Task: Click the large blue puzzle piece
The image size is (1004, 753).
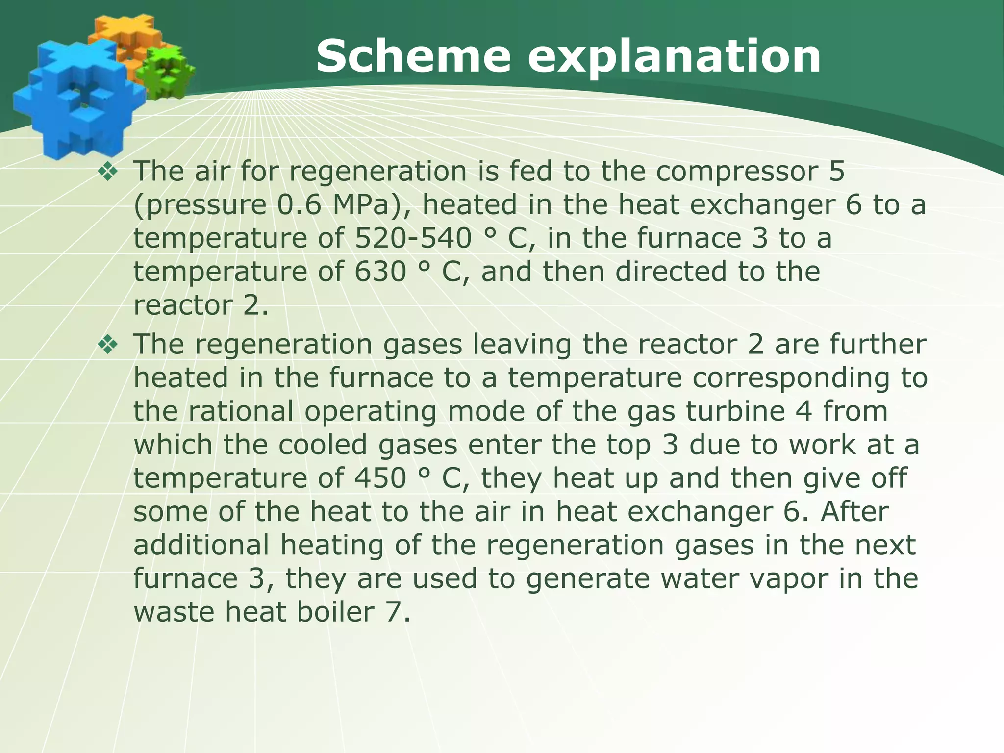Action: (x=74, y=98)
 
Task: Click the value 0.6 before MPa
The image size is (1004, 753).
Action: (x=299, y=205)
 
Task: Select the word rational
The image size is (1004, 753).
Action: (x=241, y=411)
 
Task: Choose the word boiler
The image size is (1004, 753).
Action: (x=335, y=612)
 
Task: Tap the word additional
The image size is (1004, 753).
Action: (x=201, y=545)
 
